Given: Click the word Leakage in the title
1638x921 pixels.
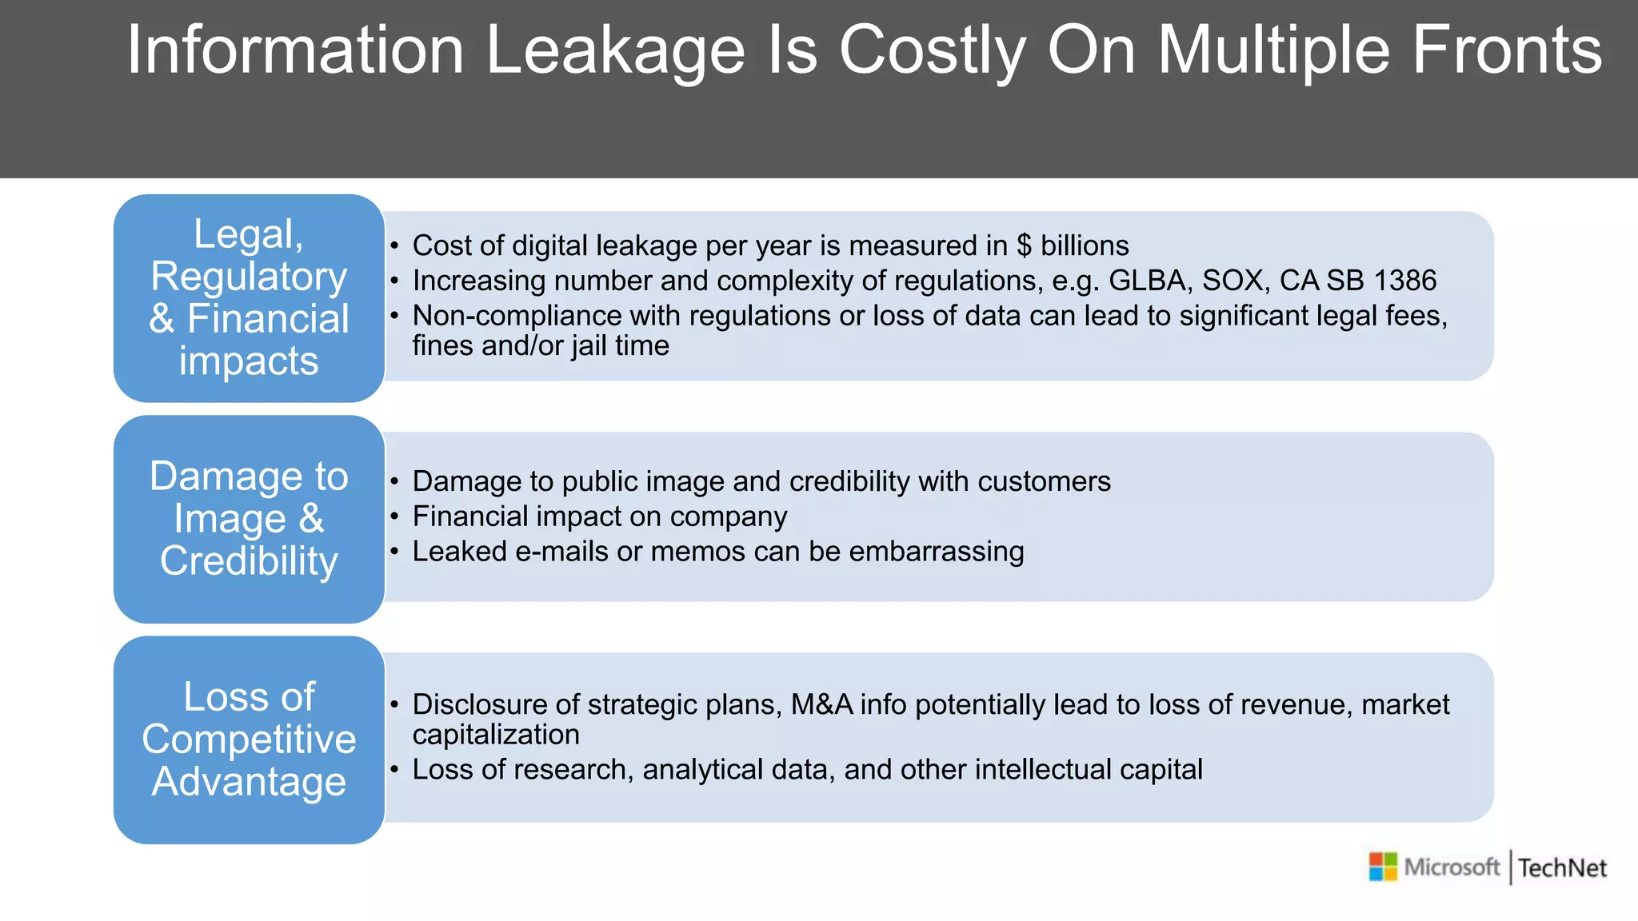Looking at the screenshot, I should tap(615, 50).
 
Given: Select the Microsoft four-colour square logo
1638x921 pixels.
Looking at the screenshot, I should tap(1383, 867).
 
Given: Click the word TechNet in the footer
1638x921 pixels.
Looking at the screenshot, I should tap(1562, 868).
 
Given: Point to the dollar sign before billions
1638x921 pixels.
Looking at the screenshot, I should tap(1024, 245).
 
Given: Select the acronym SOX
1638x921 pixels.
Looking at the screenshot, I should tap(1232, 281).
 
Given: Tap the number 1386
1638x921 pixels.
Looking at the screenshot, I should tap(1404, 281).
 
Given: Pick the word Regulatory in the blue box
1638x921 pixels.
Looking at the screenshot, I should tap(249, 277).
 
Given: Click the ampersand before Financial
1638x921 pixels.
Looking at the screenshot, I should tap(162, 319).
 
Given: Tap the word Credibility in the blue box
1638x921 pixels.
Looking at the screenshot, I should tap(249, 560).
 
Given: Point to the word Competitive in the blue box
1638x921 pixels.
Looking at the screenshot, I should tap(249, 739).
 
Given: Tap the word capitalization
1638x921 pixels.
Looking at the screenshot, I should tap(496, 735).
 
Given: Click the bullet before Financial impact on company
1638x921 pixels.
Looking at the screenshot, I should tap(394, 516).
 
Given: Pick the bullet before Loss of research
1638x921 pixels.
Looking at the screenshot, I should tap(394, 769).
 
